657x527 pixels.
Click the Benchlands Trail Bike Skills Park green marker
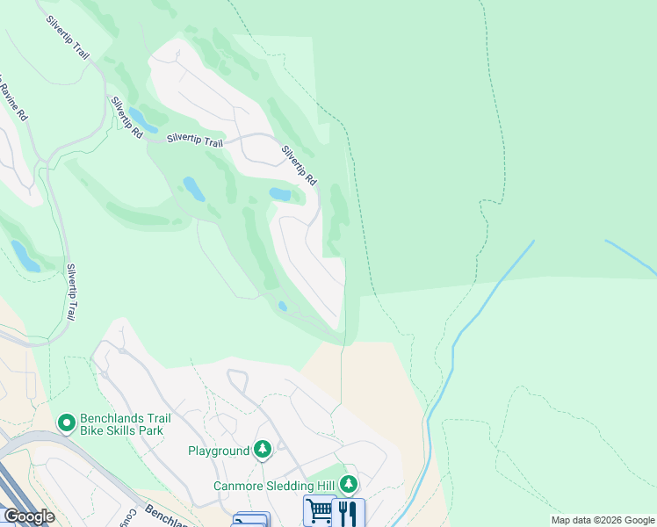66,423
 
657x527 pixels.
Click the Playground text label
219,451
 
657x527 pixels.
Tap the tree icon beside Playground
262,451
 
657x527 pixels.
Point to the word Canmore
239,486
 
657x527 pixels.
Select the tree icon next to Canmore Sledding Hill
349,485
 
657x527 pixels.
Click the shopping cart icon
320,511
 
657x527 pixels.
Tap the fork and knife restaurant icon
349,512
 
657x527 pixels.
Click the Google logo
29,516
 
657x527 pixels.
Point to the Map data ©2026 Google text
603,520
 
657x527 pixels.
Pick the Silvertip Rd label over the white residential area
299,164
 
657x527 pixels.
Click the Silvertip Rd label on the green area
126,118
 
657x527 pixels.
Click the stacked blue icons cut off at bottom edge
251,520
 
